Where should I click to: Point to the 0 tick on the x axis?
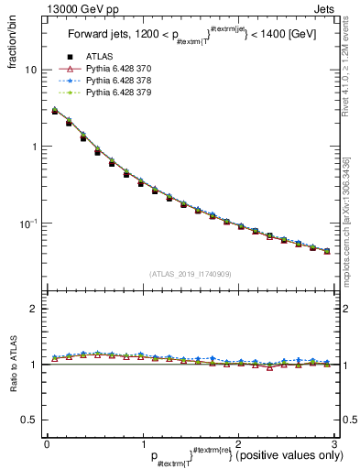pyautogui.click(x=47, y=442)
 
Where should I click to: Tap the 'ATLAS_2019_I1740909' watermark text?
pyautogui.click(x=191, y=275)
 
